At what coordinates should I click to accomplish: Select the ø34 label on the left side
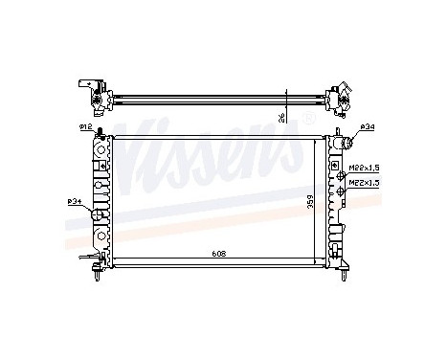click(74, 200)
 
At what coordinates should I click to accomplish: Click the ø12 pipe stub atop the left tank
click(100, 131)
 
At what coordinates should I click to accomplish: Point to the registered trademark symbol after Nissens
click(308, 118)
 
